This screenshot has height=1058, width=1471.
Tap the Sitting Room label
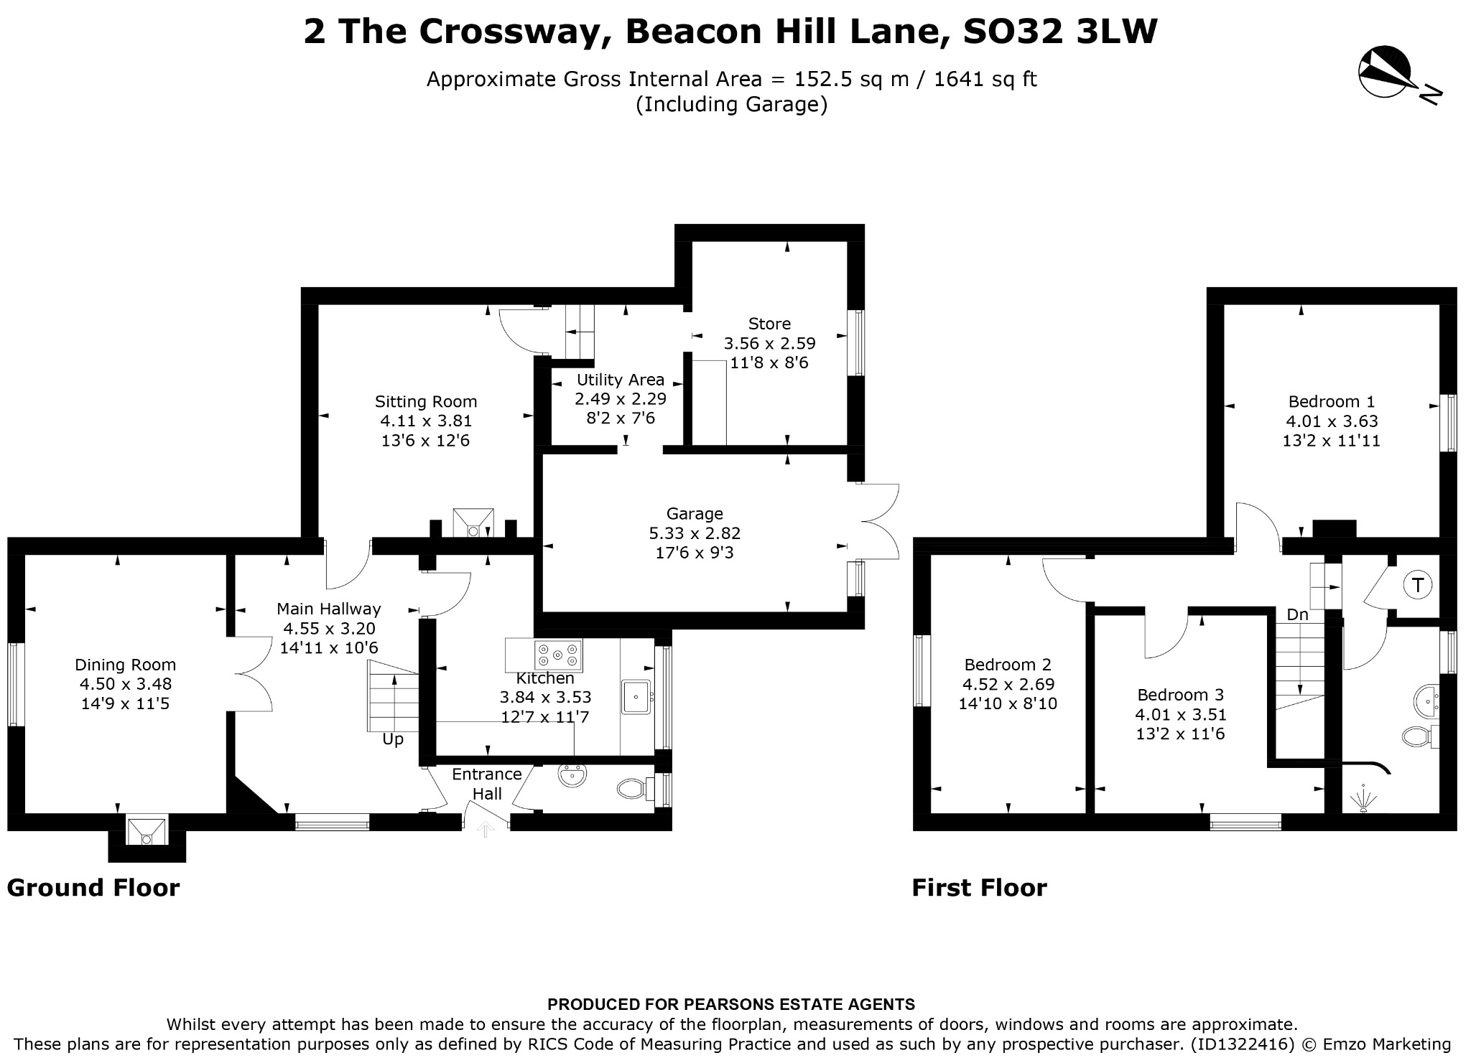[x=426, y=401]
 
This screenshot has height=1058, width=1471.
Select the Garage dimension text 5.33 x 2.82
[x=695, y=533]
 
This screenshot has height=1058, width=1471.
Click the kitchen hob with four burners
[x=558, y=654]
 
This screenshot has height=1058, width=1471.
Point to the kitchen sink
[x=636, y=697]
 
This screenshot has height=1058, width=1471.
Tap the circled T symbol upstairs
[x=1418, y=585]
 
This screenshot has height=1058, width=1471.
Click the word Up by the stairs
[x=393, y=739]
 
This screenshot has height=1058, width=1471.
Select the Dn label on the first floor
[x=1297, y=615]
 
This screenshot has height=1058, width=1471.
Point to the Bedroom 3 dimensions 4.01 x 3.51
[x=1180, y=715]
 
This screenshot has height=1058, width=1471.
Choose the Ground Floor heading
[x=93, y=888]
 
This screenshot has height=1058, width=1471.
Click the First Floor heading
[x=980, y=888]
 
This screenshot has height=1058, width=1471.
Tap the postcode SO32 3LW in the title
[x=1060, y=32]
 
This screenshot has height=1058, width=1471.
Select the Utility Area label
[x=621, y=380]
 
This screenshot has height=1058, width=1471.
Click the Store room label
[x=769, y=324]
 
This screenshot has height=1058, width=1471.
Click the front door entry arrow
[x=486, y=830]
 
